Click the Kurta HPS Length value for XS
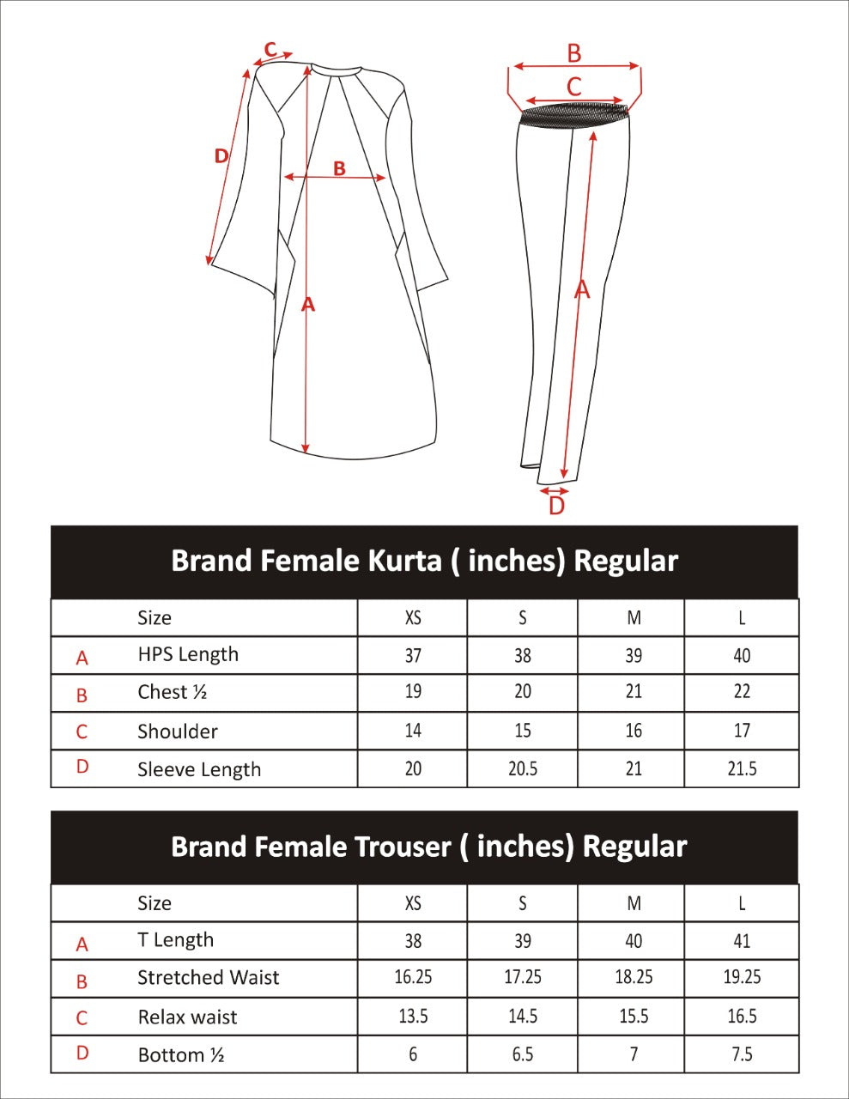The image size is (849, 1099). [x=413, y=656]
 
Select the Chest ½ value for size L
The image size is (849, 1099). [x=742, y=692]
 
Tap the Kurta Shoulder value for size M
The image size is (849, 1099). [x=634, y=731]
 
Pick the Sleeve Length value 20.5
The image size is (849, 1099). [x=522, y=768]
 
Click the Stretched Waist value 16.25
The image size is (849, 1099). [x=413, y=977]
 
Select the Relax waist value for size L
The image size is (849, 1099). [x=742, y=1017]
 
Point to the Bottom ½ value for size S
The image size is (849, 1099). [x=522, y=1054]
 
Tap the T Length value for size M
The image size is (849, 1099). [x=634, y=941]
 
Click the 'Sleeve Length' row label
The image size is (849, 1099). [x=199, y=769]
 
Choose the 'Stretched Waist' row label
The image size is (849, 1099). [x=209, y=978]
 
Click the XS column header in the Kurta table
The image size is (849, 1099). [x=413, y=618]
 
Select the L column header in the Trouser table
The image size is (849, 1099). [x=742, y=903]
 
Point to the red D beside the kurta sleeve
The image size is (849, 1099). [x=221, y=156]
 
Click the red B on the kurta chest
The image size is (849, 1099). [x=339, y=169]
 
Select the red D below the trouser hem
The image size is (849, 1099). [x=556, y=507]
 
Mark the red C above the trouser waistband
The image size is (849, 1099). [x=574, y=87]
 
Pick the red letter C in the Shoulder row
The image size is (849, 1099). [x=82, y=732]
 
